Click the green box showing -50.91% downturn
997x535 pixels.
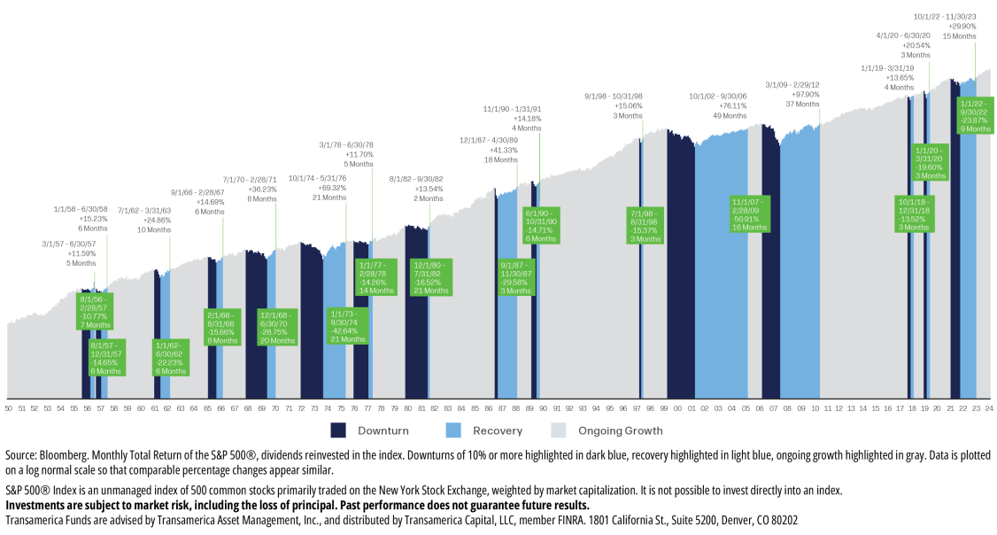pyautogui.click(x=749, y=214)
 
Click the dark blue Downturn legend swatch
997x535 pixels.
pyautogui.click(x=338, y=430)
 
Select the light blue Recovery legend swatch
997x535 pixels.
pyautogui.click(x=452, y=430)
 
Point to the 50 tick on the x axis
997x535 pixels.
pyautogui.click(x=8, y=408)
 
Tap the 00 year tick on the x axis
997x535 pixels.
pyautogui.click(x=677, y=408)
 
